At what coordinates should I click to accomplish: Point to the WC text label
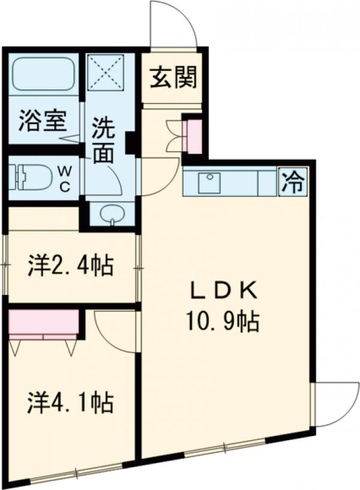[x=64, y=178]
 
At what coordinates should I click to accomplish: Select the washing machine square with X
[x=106, y=72]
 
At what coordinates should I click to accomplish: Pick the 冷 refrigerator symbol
[x=293, y=181]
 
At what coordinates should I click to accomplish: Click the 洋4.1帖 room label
[x=71, y=403]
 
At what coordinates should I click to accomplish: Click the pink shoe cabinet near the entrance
[x=194, y=138]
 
